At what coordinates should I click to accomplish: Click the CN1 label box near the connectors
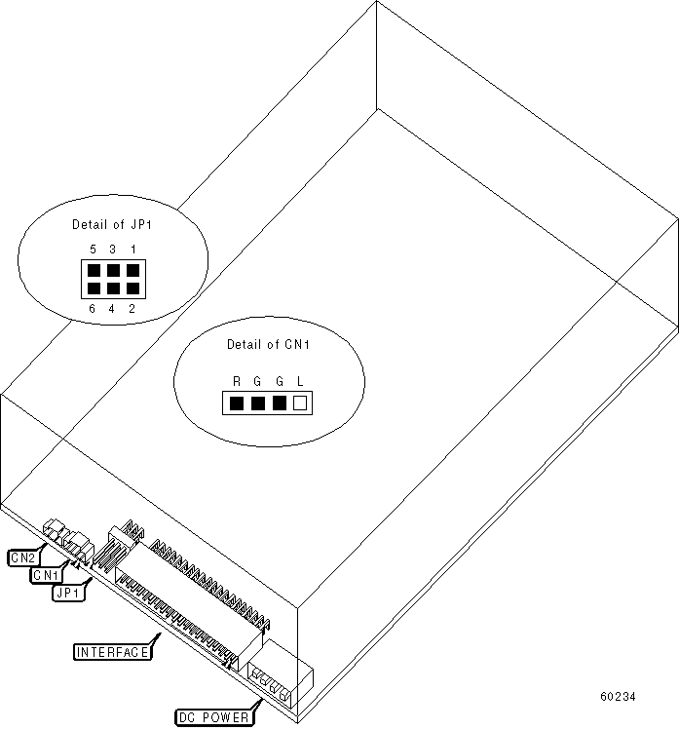point(46,575)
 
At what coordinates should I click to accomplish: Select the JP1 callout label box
point(68,592)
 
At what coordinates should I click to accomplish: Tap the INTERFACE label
point(113,652)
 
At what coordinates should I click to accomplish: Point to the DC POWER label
point(213,718)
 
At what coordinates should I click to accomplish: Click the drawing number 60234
point(618,697)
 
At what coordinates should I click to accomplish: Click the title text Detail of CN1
point(267,344)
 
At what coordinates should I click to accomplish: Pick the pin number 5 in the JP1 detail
point(93,250)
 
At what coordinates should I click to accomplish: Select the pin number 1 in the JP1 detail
point(132,250)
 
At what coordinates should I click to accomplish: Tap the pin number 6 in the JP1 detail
point(93,309)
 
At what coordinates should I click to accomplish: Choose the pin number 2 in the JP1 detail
point(132,309)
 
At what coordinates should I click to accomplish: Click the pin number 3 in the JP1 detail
point(112,250)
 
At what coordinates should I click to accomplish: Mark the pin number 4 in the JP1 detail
point(112,309)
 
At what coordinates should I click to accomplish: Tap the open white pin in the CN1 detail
point(300,402)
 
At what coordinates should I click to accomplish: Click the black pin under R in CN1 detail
point(235,402)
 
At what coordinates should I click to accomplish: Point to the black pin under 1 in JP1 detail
point(132,270)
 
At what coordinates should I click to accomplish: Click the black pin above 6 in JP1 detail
point(93,288)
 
